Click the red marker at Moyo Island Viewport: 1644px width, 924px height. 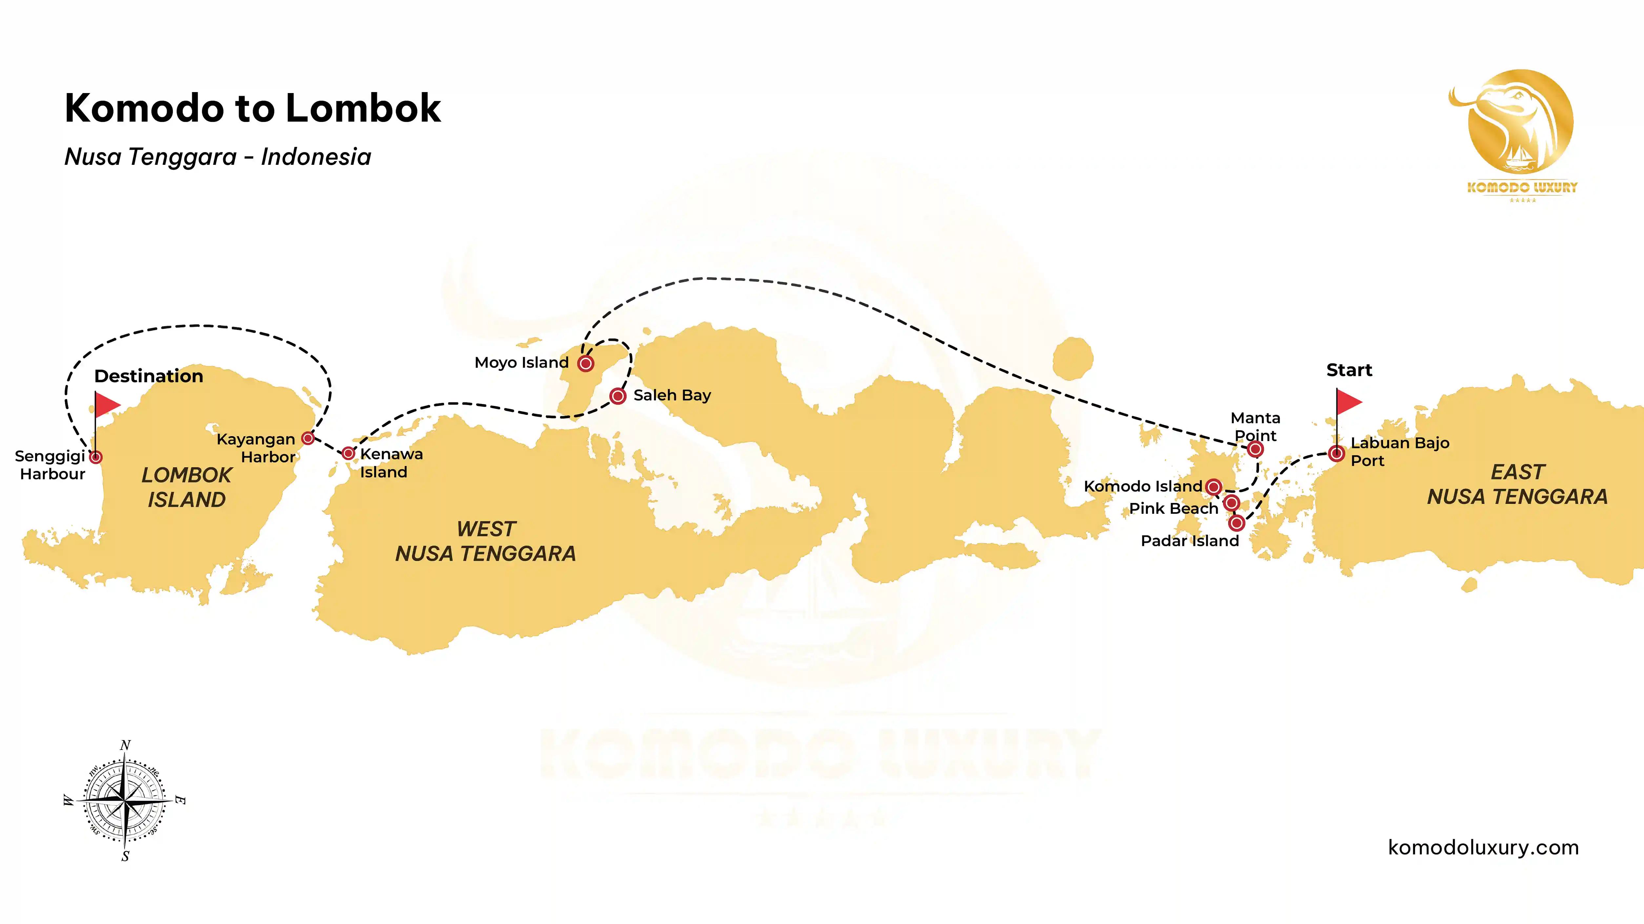[x=585, y=363]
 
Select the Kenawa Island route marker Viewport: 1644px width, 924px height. [x=348, y=453]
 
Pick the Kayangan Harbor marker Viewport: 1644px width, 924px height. [x=308, y=438]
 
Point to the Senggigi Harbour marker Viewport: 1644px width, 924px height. [x=96, y=457]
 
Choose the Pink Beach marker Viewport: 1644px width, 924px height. [x=1231, y=503]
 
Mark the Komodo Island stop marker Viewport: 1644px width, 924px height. [x=1213, y=487]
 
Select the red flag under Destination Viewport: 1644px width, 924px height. [x=107, y=404]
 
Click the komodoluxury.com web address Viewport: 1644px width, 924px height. [x=1483, y=847]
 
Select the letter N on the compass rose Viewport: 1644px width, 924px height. [x=125, y=745]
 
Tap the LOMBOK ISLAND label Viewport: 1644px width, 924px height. [x=186, y=487]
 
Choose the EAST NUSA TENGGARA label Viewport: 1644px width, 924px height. [x=1517, y=484]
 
